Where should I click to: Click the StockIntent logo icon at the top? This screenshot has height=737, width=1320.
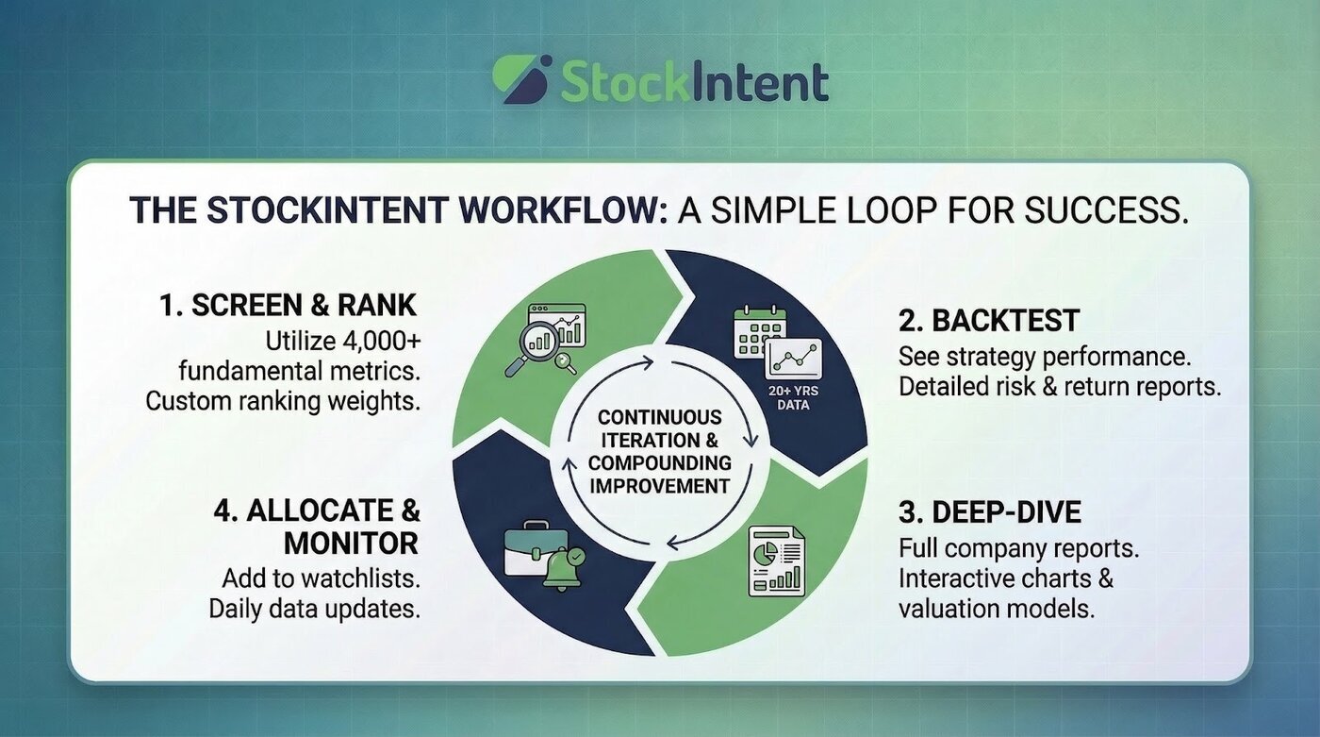pos(521,78)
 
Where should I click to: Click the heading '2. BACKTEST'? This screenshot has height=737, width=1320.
pos(988,321)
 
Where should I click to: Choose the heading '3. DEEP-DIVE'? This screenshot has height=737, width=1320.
pos(990,512)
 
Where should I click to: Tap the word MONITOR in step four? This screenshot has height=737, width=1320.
pos(352,544)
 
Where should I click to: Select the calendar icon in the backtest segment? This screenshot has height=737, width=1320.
pos(759,332)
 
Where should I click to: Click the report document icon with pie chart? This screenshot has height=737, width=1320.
pos(776,561)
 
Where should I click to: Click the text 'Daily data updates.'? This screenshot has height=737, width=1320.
pos(314,609)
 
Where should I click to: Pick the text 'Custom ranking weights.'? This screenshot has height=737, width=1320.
pos(283,400)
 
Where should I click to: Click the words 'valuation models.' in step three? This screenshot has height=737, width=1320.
pos(997,609)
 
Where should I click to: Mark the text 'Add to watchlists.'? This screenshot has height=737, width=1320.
pos(321,578)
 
